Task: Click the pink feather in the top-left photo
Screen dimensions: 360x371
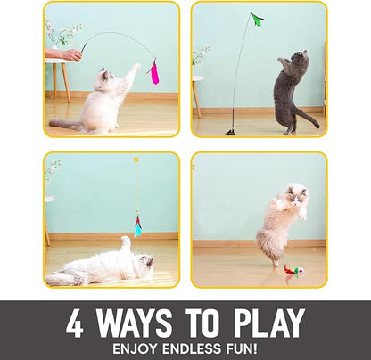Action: pyautogui.click(x=153, y=73)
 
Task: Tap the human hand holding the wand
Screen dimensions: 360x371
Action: pyautogui.click(x=70, y=54)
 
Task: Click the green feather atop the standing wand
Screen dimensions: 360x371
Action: pyautogui.click(x=258, y=19)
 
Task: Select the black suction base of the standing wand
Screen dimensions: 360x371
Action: pyautogui.click(x=230, y=131)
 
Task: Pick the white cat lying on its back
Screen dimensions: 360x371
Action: pyautogui.click(x=100, y=266)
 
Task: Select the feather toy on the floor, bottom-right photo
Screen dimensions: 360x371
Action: pyautogui.click(x=293, y=269)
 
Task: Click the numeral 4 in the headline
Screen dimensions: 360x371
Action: pyautogui.click(x=75, y=323)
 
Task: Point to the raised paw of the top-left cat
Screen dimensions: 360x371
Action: pyautogui.click(x=135, y=69)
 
